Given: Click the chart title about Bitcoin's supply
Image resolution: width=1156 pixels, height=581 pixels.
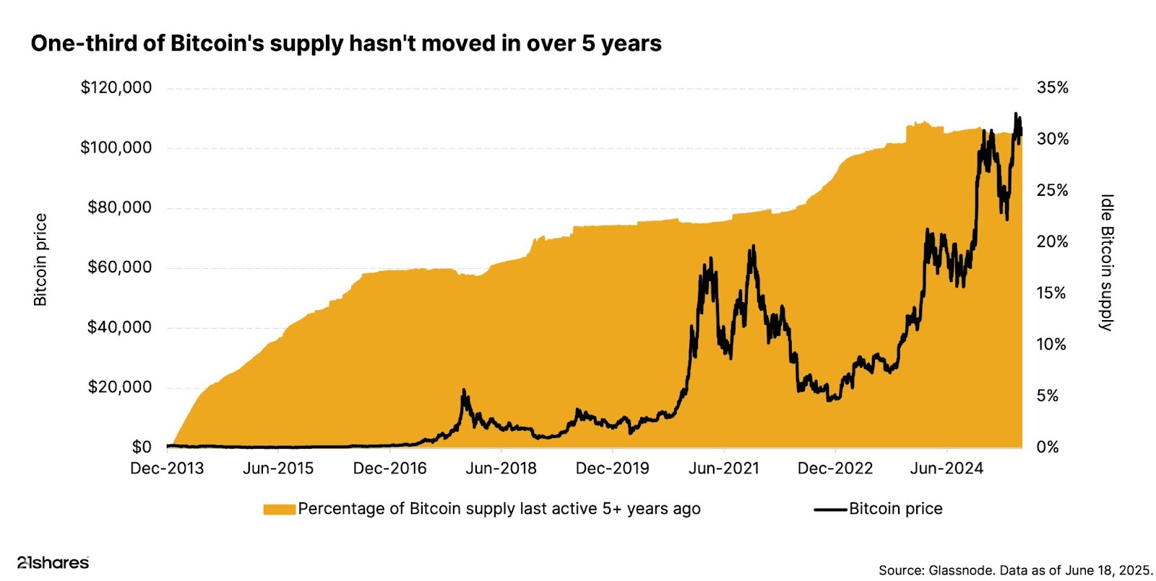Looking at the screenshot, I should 346,43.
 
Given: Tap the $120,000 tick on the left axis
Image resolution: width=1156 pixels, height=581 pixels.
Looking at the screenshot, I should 116,88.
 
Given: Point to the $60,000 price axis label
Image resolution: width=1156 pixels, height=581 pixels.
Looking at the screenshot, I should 120,267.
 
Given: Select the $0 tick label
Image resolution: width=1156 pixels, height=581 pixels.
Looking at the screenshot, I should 142,447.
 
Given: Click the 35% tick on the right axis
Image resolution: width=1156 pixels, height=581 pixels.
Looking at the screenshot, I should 1052,88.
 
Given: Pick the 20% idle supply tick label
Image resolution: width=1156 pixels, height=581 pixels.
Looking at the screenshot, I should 1052,242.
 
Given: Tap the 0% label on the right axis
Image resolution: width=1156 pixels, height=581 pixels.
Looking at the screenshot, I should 1047,447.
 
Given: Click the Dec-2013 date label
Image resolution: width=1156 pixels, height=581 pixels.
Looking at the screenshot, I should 167,469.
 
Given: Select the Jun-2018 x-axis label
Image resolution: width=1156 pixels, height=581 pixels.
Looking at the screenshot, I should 501,469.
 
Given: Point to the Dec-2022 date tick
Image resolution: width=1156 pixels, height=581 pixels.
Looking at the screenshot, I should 834,469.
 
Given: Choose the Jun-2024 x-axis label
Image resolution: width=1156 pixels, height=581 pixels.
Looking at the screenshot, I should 946,469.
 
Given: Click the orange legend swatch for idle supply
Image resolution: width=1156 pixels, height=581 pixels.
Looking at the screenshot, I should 279,509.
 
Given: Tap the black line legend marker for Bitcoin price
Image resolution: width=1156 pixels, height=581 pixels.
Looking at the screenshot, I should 830,509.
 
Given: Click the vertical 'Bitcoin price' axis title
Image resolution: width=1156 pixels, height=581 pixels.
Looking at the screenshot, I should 40,259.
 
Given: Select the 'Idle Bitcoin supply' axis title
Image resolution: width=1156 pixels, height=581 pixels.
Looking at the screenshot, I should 1106,262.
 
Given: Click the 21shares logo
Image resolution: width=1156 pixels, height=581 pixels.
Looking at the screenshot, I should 53,562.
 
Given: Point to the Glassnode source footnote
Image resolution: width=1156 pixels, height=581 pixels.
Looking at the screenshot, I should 1015,570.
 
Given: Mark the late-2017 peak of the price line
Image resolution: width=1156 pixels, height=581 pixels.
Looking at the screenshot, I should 464,391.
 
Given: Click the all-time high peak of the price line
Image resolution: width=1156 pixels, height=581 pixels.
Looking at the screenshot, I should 1016,114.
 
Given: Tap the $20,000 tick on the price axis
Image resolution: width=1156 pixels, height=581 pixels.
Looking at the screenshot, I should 120,387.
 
